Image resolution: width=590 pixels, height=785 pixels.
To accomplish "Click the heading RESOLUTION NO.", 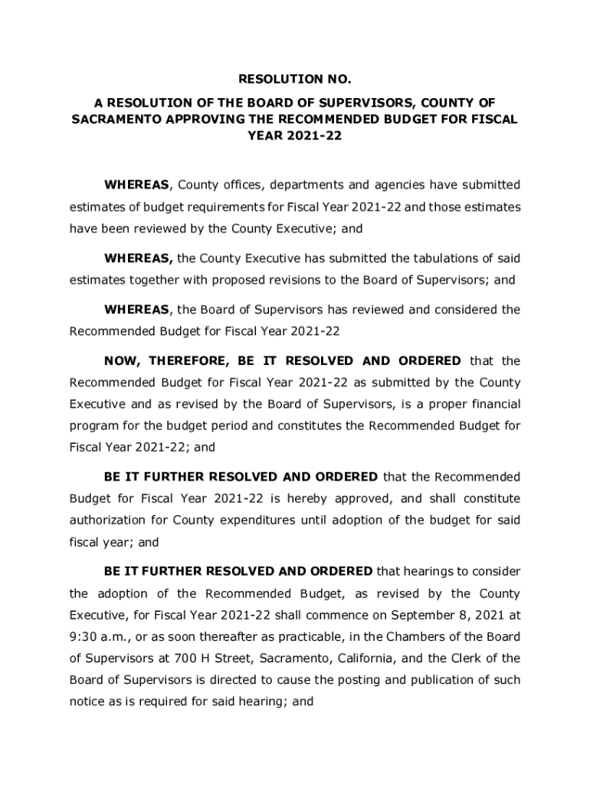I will point(295,79).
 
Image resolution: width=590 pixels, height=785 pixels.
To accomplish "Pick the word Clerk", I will point(470,659).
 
